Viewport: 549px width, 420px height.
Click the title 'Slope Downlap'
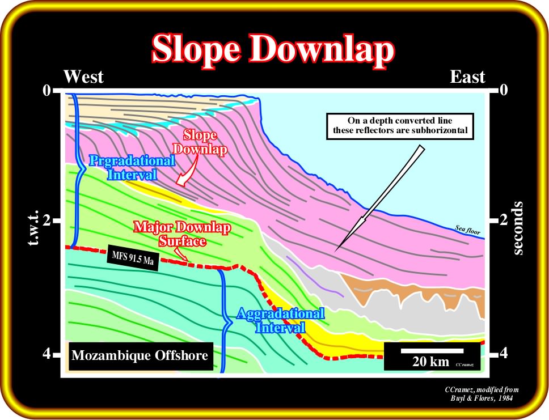273,50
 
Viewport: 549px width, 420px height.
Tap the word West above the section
84,77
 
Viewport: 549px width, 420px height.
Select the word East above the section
467,77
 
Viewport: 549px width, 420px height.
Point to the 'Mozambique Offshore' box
140,356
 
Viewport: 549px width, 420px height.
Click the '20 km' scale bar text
430,362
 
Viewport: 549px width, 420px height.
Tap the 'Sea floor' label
468,230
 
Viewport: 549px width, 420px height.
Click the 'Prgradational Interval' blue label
132,167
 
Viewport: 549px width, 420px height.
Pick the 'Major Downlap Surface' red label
182,234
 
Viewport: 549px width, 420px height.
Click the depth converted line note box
400,126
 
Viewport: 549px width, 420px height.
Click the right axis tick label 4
503,354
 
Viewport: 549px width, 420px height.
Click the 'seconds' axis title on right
518,228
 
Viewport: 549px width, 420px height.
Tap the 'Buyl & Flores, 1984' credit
482,398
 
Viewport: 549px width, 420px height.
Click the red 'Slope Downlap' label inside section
200,142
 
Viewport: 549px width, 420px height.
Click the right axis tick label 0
503,90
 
